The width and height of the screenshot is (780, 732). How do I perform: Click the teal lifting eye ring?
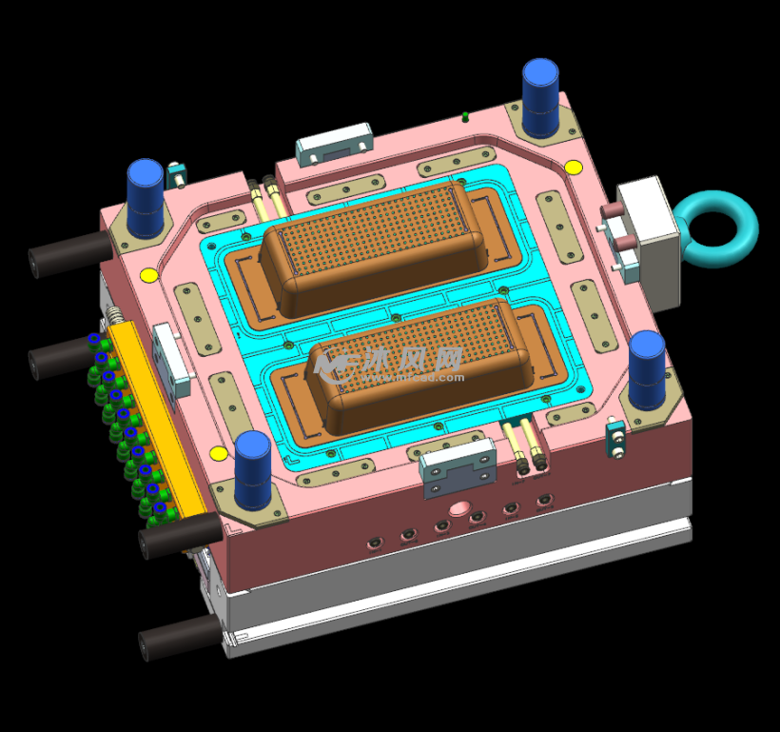tap(720, 228)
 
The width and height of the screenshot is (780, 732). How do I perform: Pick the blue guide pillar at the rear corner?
tap(540, 97)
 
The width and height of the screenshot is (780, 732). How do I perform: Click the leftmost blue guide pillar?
tap(146, 197)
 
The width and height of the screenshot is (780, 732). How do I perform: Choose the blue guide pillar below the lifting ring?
tap(647, 368)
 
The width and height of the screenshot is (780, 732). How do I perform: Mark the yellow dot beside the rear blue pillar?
tap(574, 168)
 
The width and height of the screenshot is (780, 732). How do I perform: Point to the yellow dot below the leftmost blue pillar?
tap(148, 276)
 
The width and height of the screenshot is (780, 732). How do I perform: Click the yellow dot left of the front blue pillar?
tap(219, 452)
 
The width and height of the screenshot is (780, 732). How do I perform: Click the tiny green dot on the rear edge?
tap(465, 117)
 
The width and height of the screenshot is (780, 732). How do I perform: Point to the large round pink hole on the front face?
tap(463, 506)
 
